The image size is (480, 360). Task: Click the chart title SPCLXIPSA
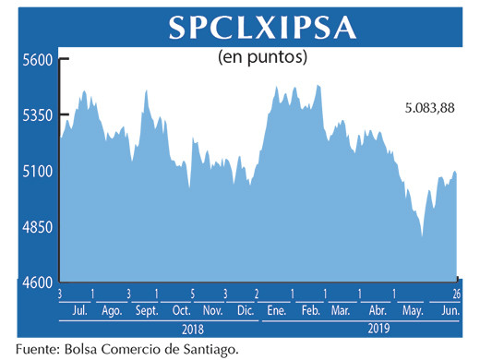(x=262, y=28)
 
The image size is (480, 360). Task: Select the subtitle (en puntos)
(x=263, y=57)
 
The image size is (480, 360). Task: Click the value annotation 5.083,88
(x=429, y=109)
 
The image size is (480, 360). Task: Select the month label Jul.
(x=80, y=310)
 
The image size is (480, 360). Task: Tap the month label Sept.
(x=146, y=310)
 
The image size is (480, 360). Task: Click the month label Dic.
(x=245, y=310)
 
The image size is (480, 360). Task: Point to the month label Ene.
(x=274, y=310)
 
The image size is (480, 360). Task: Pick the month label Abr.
(x=376, y=310)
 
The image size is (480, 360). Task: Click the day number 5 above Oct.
(x=192, y=294)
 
